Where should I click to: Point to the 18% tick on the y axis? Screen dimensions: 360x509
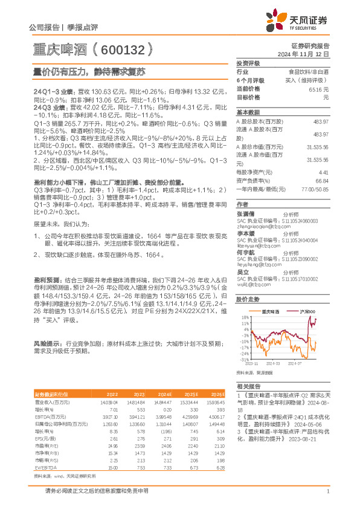click(243, 317)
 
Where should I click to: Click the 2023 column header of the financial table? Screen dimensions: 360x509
click(139, 394)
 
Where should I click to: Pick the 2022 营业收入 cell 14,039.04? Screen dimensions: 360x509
click(109, 401)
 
